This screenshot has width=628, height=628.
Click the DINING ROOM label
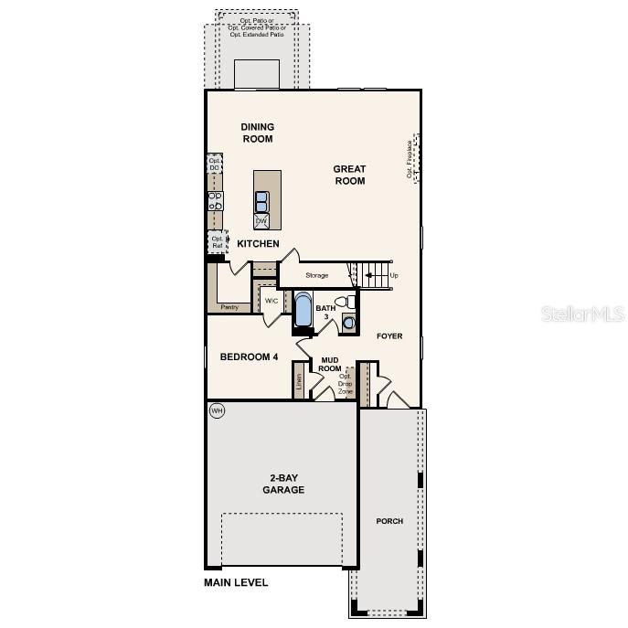click(258, 133)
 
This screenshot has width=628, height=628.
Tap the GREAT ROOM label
click(349, 175)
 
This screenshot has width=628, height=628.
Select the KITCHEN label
click(258, 244)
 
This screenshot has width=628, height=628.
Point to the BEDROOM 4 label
click(249, 357)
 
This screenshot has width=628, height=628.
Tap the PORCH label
click(389, 521)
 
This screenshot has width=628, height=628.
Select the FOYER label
click(389, 336)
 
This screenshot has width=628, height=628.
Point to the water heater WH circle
click(217, 410)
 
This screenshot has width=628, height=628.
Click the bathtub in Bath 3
click(303, 309)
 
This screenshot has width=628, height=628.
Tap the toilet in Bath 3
click(345, 302)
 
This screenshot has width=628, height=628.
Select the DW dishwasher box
click(261, 221)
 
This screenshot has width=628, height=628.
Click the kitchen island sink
click(261, 201)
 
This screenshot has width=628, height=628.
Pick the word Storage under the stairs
click(317, 275)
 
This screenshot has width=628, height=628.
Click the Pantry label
click(229, 307)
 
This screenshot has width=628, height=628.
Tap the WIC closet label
click(271, 301)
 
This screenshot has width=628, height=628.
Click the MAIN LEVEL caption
click(236, 582)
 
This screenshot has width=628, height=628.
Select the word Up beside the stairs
click(394, 275)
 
